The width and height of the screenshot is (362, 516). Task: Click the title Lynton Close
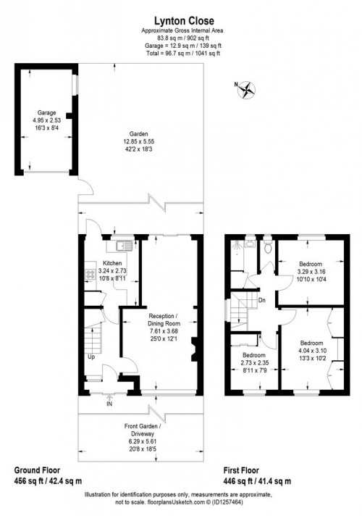click(x=180, y=22)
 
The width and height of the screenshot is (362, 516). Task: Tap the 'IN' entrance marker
click(x=109, y=403)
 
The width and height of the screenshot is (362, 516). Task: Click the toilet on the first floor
click(x=268, y=248)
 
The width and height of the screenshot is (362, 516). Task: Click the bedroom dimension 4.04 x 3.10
click(x=311, y=351)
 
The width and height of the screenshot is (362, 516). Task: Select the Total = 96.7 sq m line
click(x=180, y=52)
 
